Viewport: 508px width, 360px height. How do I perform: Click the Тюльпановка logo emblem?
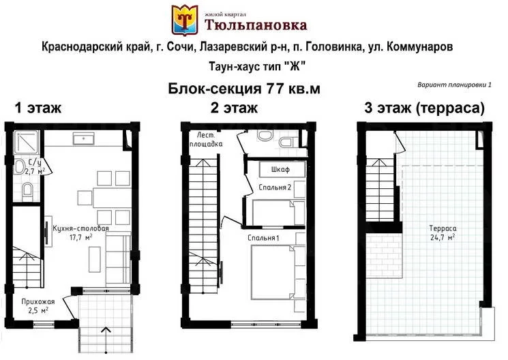[x=184, y=20]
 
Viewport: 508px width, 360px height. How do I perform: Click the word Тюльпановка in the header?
[x=256, y=25]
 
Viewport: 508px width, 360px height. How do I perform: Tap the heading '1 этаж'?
[x=38, y=108]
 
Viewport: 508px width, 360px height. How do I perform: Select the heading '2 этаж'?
[x=234, y=108]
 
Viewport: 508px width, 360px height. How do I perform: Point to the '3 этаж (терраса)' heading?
[x=424, y=108]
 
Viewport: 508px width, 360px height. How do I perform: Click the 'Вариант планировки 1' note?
[x=454, y=85]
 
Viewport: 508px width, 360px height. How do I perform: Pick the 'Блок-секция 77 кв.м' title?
[x=244, y=89]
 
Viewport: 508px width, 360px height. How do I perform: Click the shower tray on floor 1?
[x=27, y=142]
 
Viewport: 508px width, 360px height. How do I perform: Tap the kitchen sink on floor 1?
[x=84, y=138]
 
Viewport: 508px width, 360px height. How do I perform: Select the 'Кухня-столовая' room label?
[x=80, y=228]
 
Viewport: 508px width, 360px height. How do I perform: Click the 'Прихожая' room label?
[x=38, y=301]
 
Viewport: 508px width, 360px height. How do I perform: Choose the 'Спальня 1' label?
[x=263, y=238]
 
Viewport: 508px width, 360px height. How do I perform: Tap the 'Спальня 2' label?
[x=275, y=187]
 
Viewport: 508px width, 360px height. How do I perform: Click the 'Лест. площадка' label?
[x=206, y=139]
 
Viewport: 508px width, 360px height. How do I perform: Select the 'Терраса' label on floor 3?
[x=443, y=228]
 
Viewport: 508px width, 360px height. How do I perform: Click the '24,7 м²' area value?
[x=443, y=237]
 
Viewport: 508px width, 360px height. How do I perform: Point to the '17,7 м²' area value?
[x=81, y=237]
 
